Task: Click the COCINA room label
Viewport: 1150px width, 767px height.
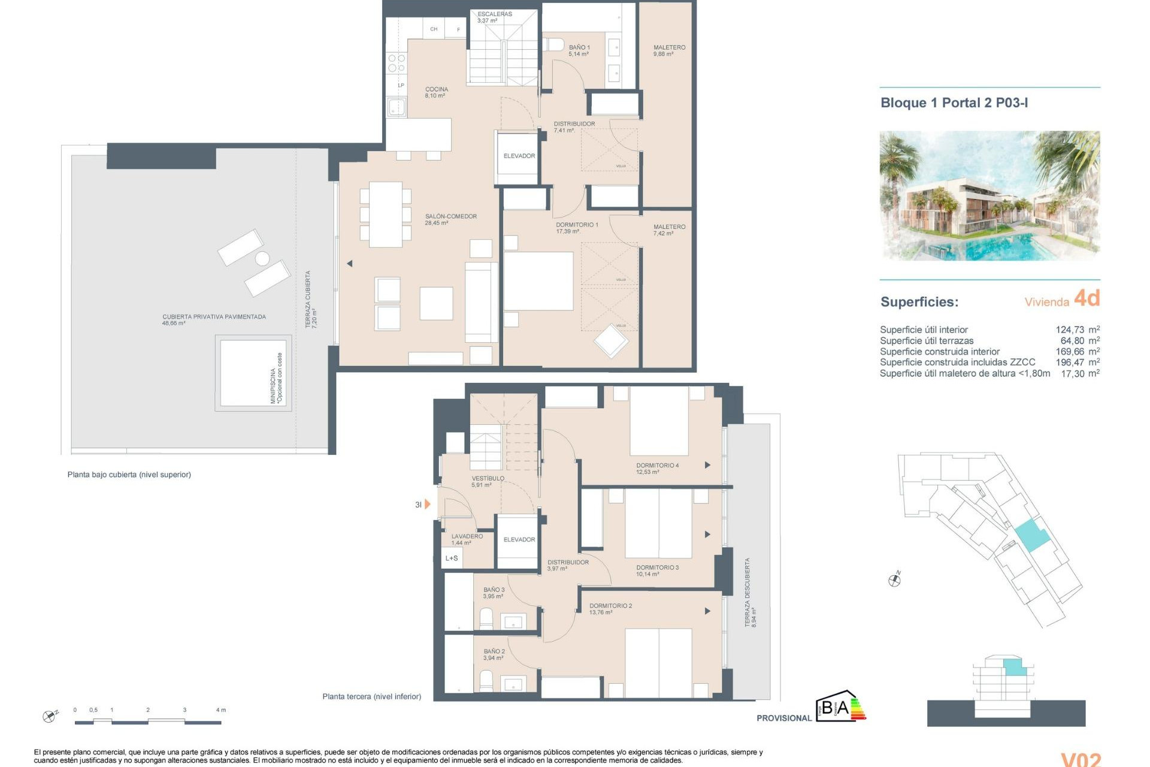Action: pyautogui.click(x=436, y=92)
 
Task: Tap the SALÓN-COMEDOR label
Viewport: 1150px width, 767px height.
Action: pyautogui.click(x=450, y=219)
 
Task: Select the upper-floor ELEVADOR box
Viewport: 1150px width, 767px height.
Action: pyautogui.click(x=519, y=156)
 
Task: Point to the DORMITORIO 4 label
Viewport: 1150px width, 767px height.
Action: pyautogui.click(x=657, y=468)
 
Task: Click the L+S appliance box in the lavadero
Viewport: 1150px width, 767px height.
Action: pyautogui.click(x=452, y=558)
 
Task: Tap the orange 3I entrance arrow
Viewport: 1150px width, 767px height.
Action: pyautogui.click(x=427, y=505)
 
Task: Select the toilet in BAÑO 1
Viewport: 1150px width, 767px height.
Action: pyautogui.click(x=554, y=45)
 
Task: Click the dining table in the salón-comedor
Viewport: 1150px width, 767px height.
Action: pyautogui.click(x=385, y=215)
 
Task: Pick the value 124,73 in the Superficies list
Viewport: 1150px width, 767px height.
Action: pyautogui.click(x=1069, y=330)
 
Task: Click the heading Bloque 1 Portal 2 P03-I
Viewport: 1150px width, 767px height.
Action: pyautogui.click(x=954, y=103)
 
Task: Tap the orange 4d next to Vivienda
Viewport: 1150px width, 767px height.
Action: pyautogui.click(x=1087, y=298)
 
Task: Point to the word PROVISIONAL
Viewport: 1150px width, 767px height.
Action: pyautogui.click(x=783, y=718)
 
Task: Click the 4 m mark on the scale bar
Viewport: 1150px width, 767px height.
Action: pyautogui.click(x=221, y=710)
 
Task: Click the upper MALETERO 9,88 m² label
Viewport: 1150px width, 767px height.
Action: pyautogui.click(x=669, y=50)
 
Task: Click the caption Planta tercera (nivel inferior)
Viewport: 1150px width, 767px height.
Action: pyautogui.click(x=371, y=696)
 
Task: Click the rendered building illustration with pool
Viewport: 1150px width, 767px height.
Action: pyautogui.click(x=989, y=196)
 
